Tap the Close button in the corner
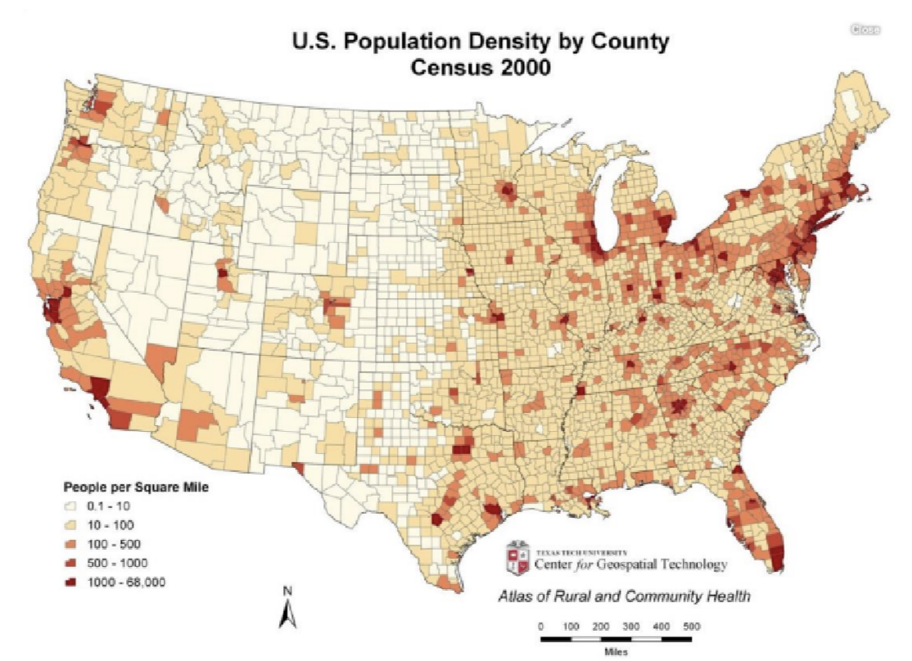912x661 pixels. tap(865, 29)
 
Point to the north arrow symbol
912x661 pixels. tap(287, 614)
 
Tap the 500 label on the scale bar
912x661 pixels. tap(690, 626)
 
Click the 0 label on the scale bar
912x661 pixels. tap(540, 626)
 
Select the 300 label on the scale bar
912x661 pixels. tap(630, 626)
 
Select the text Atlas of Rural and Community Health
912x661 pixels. tap(624, 596)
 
